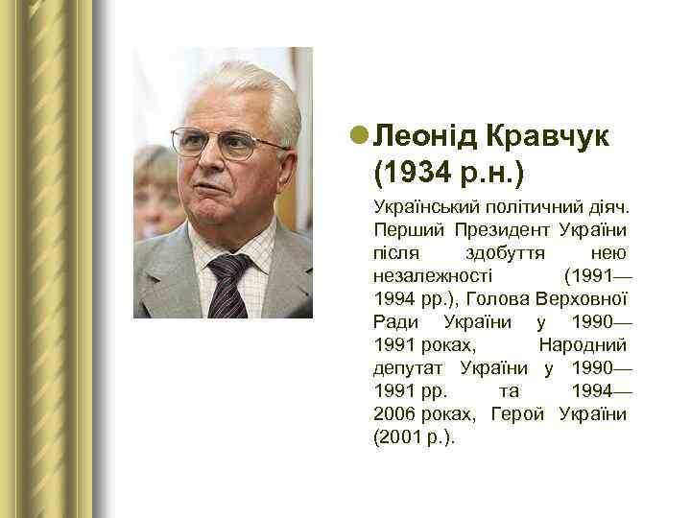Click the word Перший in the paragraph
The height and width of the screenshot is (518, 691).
coord(404,230)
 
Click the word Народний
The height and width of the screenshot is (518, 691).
coord(583,344)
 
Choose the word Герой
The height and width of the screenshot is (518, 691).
coord(515,413)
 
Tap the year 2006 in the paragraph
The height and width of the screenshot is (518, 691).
coord(394,413)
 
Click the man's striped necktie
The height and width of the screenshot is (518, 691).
coord(227,284)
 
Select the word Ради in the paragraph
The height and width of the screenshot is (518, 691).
coord(394,321)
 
